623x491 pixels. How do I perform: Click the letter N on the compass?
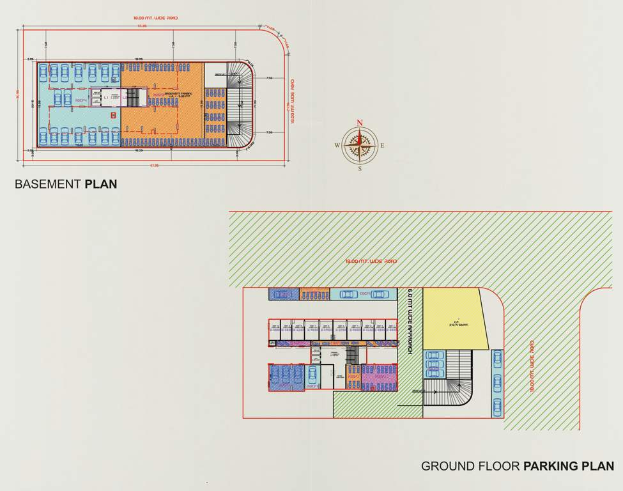click(360, 123)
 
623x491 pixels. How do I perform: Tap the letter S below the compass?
click(360, 169)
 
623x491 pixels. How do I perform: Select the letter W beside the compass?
click(337, 146)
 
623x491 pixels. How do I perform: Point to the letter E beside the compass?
click(383, 146)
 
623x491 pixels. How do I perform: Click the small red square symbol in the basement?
click(113, 115)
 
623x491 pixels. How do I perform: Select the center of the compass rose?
click(360, 146)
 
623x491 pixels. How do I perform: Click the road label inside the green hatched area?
click(371, 261)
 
